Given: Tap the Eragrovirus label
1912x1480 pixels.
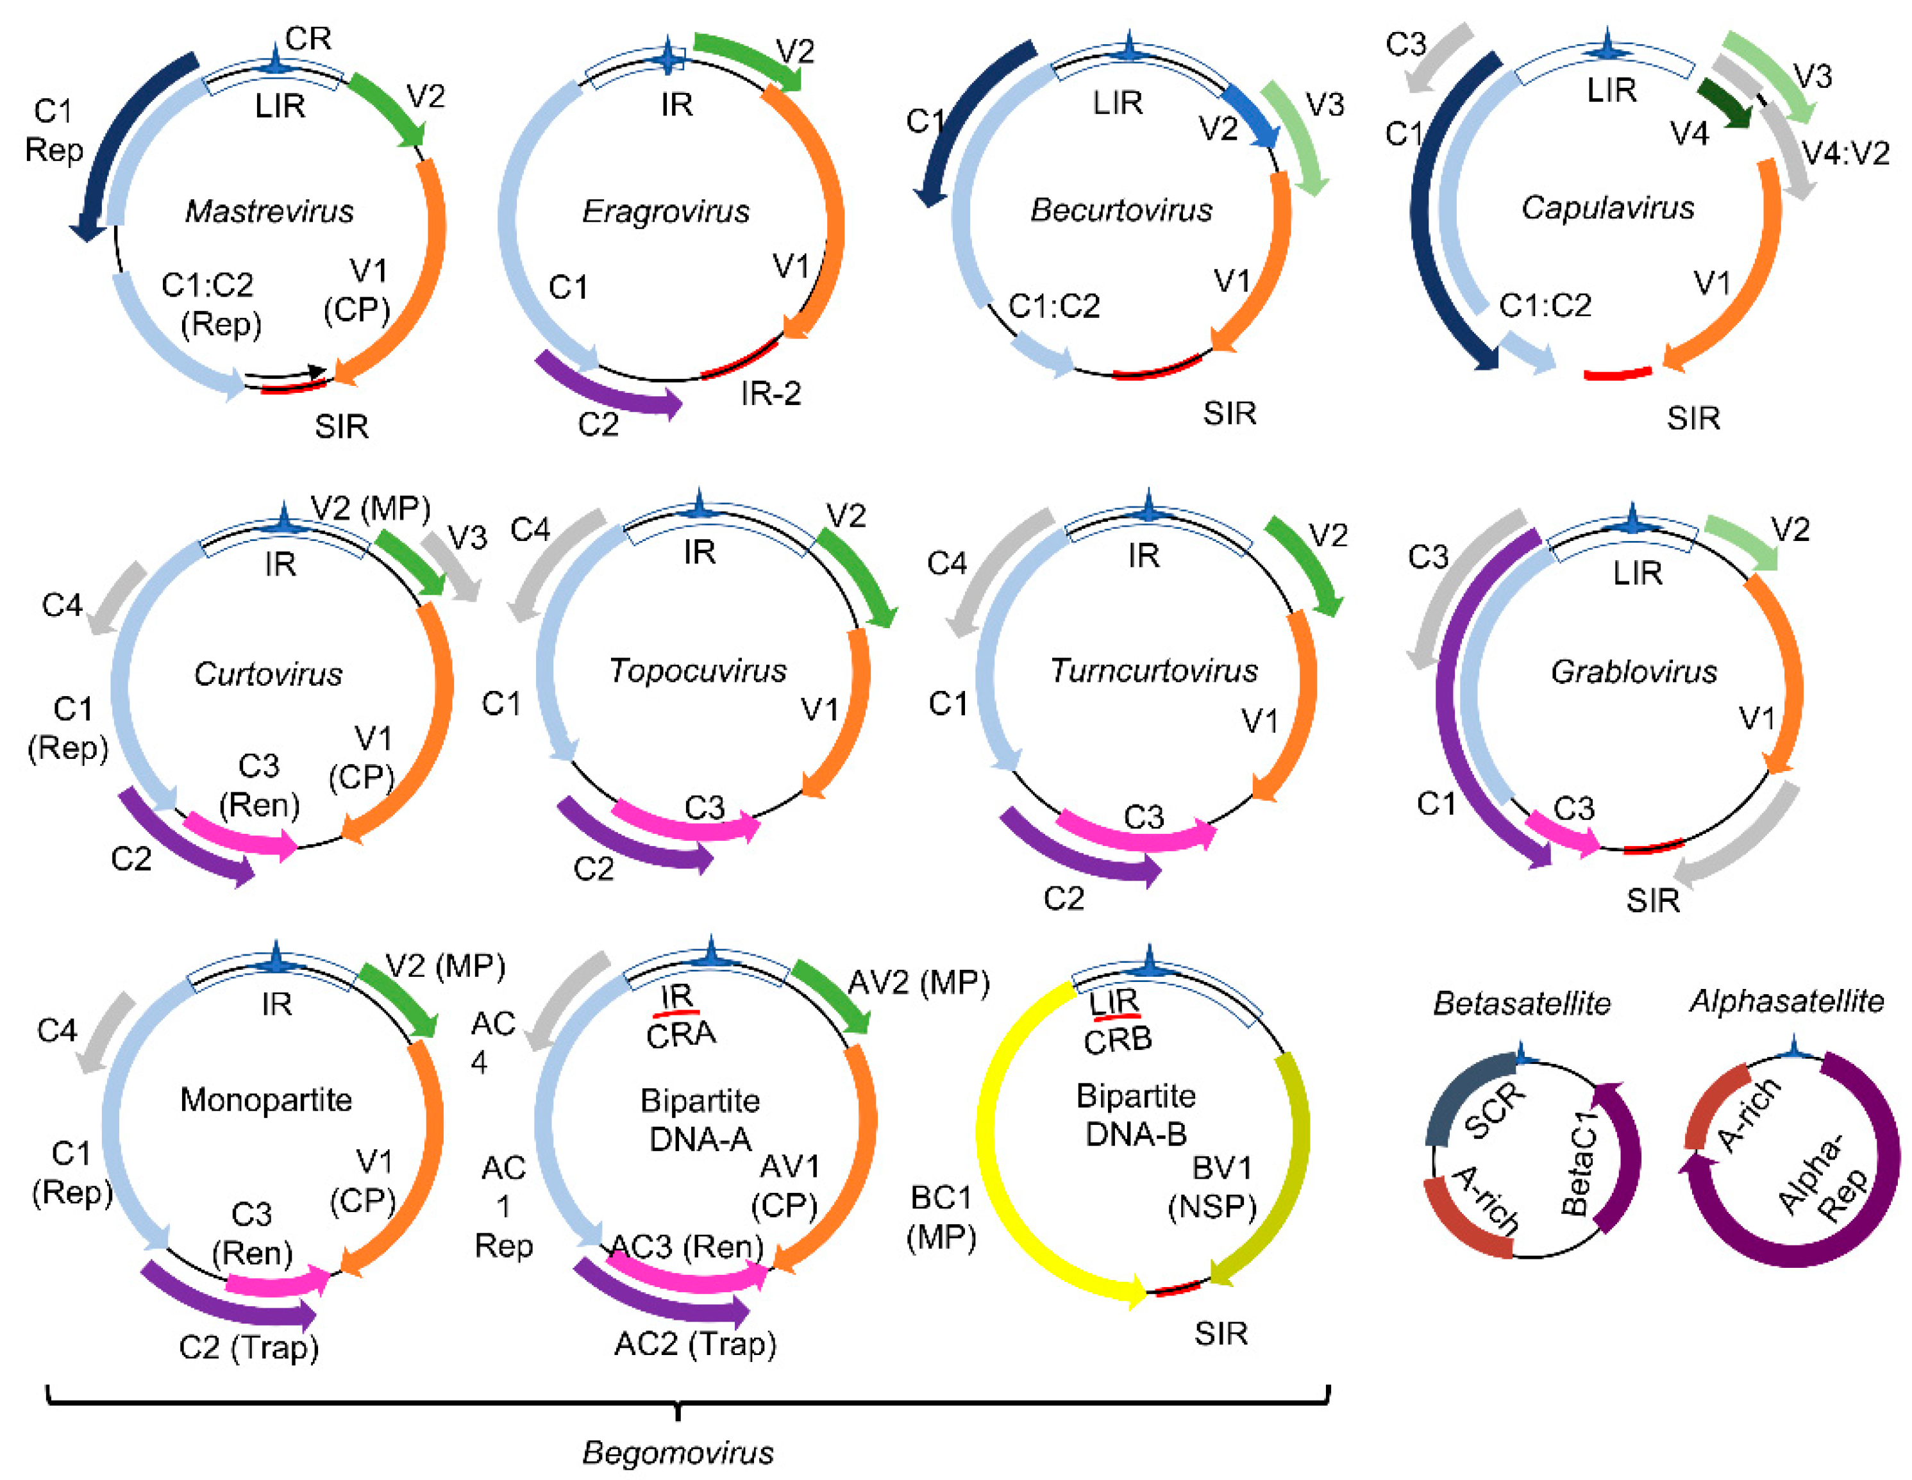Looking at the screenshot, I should tap(666, 211).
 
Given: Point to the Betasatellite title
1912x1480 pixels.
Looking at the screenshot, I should tap(1522, 1003).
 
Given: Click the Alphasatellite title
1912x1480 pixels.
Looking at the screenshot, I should tap(1786, 1001).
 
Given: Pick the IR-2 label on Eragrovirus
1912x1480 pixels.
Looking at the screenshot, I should tap(771, 394).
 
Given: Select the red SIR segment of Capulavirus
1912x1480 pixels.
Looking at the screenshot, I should tap(1618, 374).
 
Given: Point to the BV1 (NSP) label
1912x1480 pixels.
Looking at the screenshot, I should tap(1212, 1187).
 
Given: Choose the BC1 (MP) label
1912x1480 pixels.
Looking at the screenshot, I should tap(941, 1217).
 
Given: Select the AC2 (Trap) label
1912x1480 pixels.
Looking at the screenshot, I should tap(695, 1343).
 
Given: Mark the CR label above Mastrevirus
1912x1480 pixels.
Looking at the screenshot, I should tap(308, 38).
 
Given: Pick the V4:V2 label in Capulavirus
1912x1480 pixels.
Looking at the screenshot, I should tap(1845, 153).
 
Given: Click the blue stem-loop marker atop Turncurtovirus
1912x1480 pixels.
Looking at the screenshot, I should tap(1148, 507).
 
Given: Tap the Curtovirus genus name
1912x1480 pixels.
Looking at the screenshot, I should tap(268, 674).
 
